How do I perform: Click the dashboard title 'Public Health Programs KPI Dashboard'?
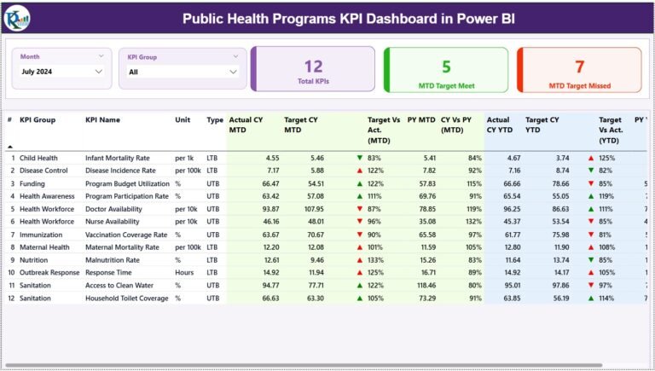point(348,18)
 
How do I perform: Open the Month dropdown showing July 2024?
point(61,72)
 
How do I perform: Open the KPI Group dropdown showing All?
point(183,72)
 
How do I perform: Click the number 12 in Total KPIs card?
point(313,66)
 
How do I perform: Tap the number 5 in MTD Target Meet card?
point(446,66)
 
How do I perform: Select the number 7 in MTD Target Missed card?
point(579,66)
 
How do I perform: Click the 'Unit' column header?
point(183,120)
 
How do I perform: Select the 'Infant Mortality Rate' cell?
point(117,158)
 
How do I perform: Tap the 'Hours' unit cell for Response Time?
point(185,273)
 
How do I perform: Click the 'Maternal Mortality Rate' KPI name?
point(122,247)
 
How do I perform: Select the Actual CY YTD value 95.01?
point(508,286)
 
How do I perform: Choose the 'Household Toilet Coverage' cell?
point(125,299)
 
